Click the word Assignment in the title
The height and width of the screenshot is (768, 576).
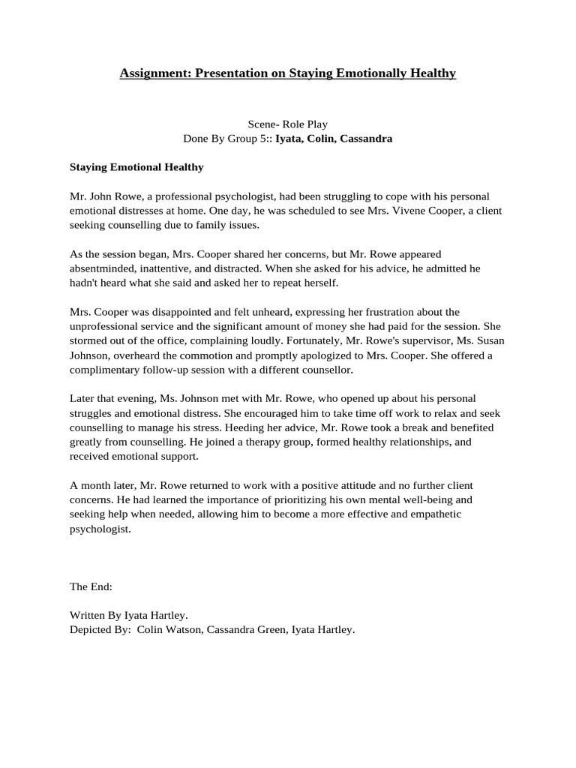click(x=154, y=73)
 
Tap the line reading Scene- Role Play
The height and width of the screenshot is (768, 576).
click(x=288, y=124)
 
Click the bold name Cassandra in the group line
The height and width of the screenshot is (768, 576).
click(x=366, y=139)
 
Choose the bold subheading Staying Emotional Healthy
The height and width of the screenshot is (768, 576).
click(x=136, y=167)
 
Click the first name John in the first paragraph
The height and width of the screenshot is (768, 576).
click(x=103, y=196)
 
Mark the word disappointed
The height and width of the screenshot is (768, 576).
click(x=175, y=311)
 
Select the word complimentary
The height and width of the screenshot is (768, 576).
click(x=108, y=370)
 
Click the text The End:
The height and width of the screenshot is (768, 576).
click(x=91, y=586)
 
